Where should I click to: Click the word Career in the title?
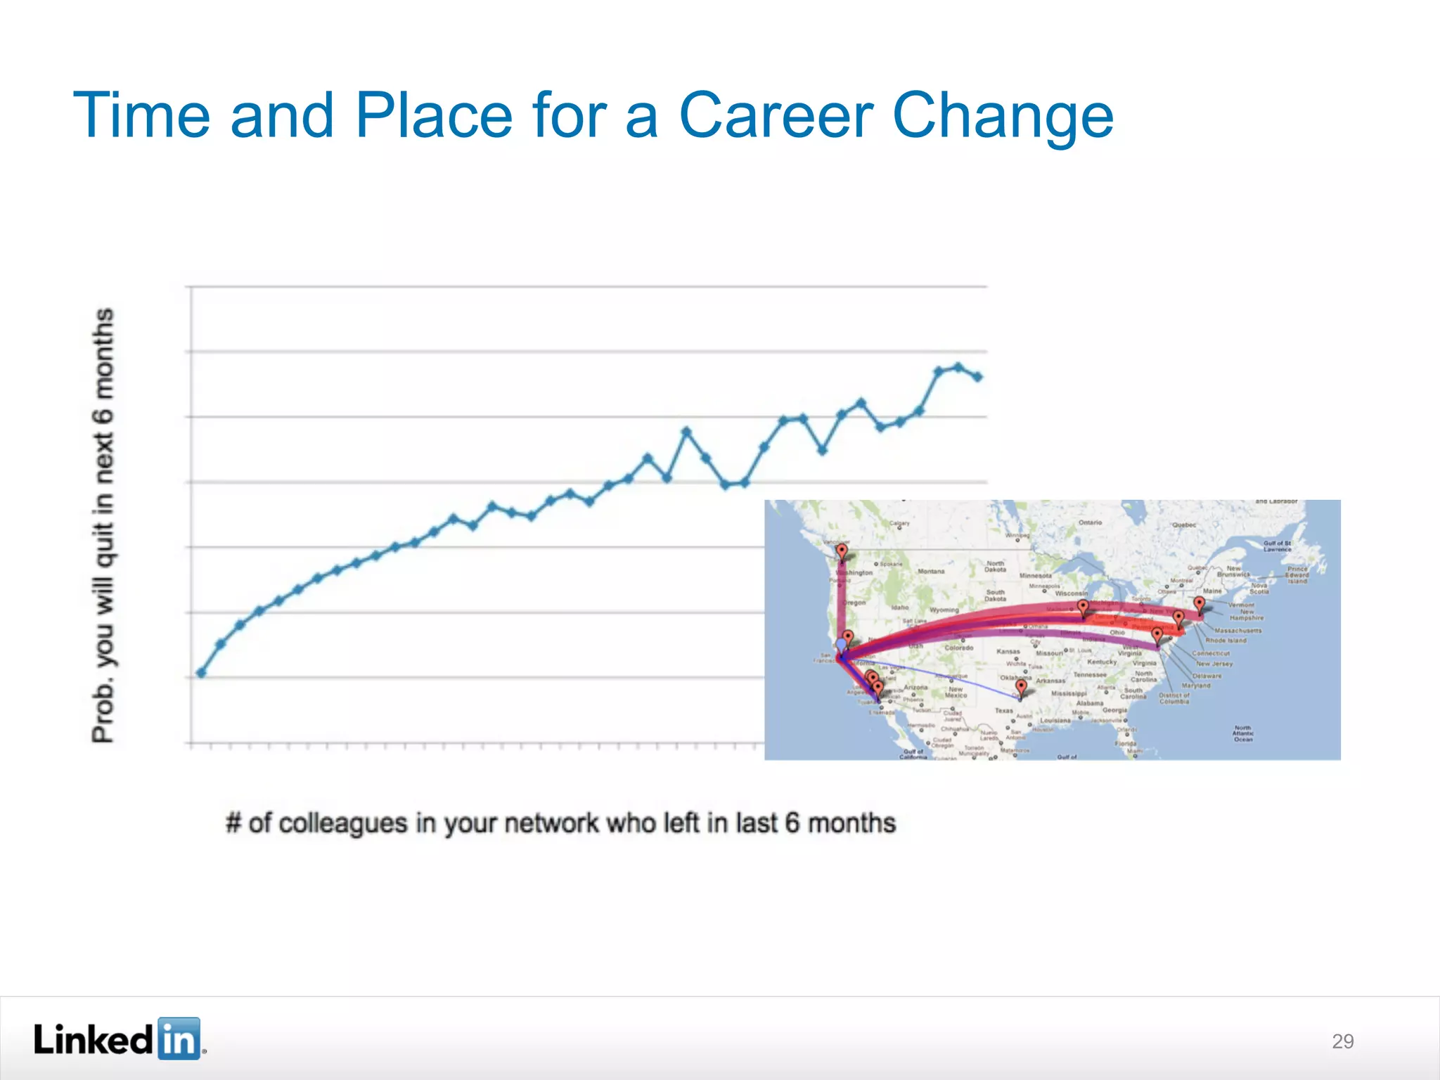776,115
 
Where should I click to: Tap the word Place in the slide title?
434,115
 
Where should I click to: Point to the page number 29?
1342,1041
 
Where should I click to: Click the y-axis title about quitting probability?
103,525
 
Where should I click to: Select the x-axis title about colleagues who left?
560,823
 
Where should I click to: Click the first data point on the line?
201,673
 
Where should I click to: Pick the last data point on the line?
977,377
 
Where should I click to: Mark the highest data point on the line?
958,367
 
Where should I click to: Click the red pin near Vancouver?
842,551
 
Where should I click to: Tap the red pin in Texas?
1021,686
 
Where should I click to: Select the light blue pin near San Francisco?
841,645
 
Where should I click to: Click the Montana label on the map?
931,572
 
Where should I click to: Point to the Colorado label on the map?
958,648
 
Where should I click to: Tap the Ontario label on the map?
1090,523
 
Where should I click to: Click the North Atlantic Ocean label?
1242,733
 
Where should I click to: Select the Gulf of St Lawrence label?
1277,546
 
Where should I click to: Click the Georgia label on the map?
1115,710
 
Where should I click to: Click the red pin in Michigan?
1083,606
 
